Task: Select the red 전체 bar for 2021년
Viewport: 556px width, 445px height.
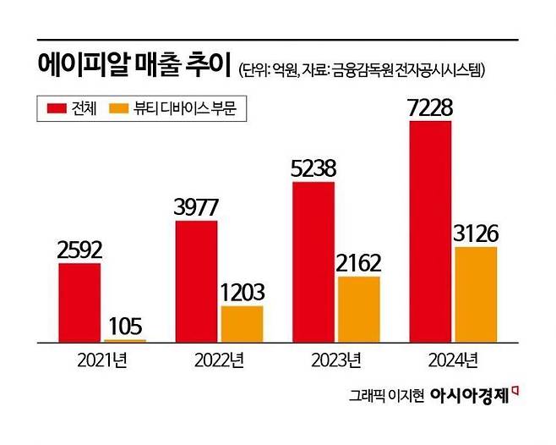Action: [79, 302]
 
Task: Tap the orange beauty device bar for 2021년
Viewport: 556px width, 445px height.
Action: [124, 340]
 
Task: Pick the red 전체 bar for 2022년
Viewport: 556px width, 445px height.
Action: [196, 281]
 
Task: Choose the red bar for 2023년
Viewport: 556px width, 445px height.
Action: [313, 261]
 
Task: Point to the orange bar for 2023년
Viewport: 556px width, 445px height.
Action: [358, 309]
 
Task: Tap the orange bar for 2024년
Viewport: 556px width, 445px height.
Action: [476, 294]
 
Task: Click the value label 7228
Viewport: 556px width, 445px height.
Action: [430, 107]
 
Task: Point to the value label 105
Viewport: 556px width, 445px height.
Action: [124, 325]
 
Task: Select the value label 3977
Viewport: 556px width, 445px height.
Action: [196, 206]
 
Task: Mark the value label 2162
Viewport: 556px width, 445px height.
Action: [358, 261]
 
